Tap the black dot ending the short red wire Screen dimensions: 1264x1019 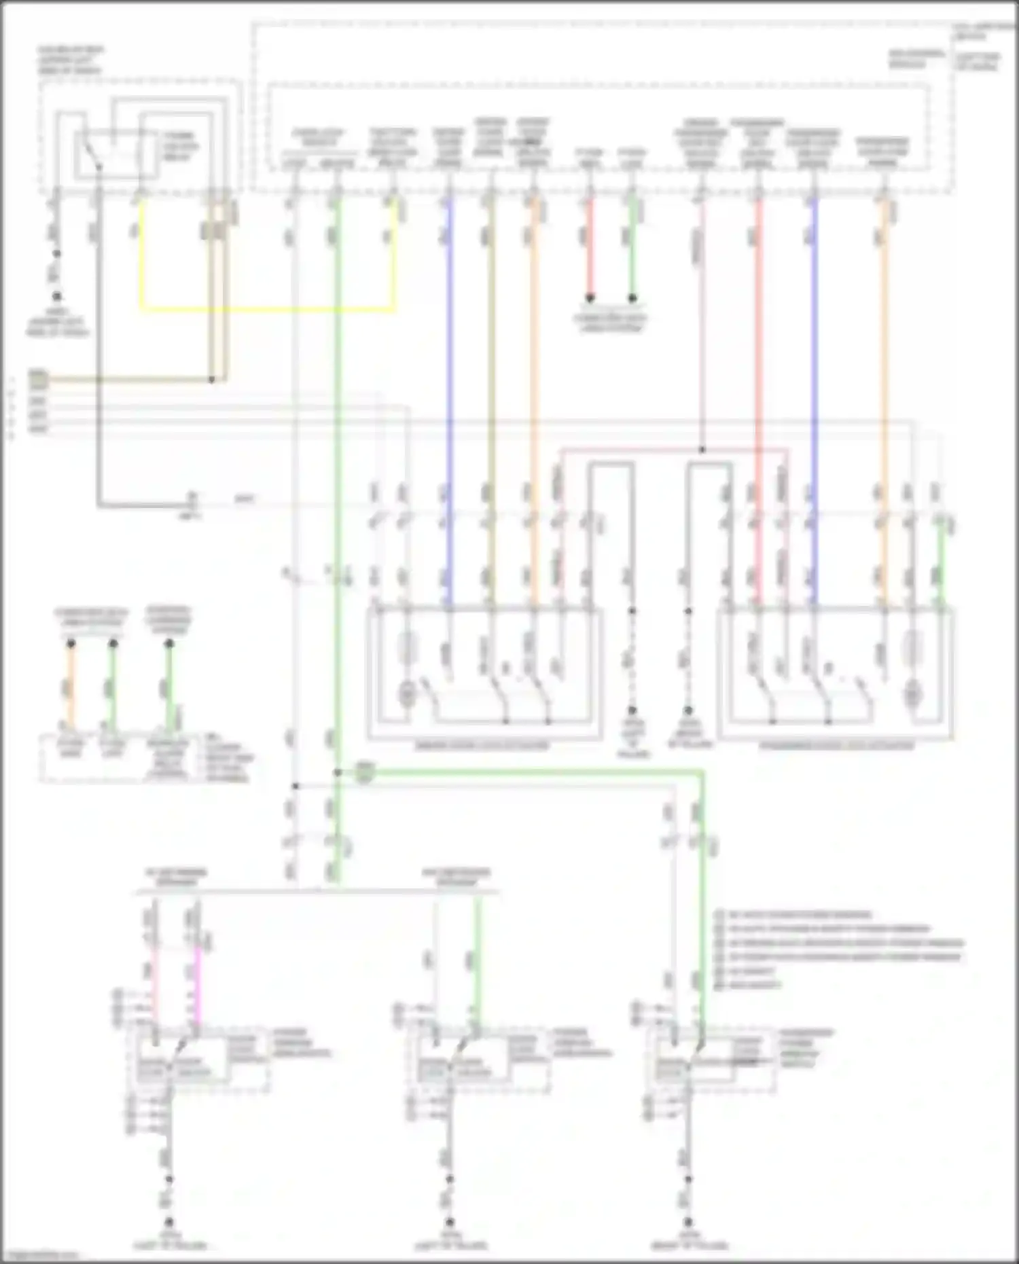coord(590,298)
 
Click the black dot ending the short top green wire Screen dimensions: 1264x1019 coord(632,298)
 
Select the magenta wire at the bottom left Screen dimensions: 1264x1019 coord(198,985)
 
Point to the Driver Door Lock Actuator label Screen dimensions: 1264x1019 coord(482,746)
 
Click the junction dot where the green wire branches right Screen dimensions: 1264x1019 coord(338,772)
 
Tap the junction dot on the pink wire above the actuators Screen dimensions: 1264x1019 coord(702,450)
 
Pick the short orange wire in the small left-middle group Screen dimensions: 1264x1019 coord(71,686)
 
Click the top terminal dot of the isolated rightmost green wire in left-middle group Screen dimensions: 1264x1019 coord(169,643)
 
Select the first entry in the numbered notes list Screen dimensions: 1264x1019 coord(791,915)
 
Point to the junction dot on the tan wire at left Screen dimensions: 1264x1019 coord(211,380)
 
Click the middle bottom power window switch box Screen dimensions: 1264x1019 coord(478,1060)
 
